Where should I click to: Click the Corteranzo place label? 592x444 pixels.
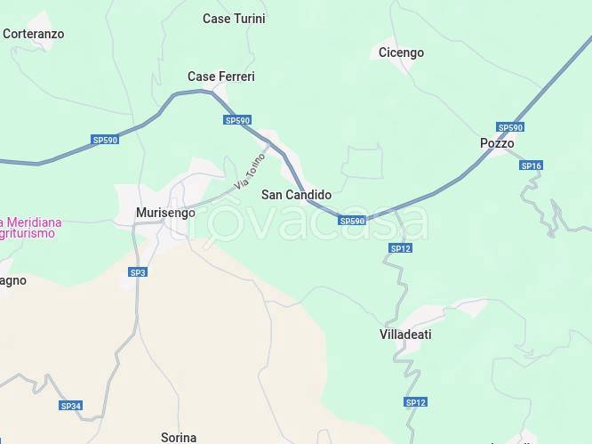(x=33, y=34)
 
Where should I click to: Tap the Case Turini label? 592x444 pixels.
(x=234, y=19)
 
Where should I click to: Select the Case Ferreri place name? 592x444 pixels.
(x=220, y=77)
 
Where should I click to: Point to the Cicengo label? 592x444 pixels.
(x=401, y=52)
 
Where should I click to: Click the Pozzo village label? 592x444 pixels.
(x=497, y=143)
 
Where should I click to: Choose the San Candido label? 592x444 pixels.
(x=296, y=195)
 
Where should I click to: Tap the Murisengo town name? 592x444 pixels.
(x=165, y=213)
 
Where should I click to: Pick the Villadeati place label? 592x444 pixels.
(x=405, y=335)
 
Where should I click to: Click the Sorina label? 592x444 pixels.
(x=179, y=437)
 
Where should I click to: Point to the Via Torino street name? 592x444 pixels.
(x=251, y=171)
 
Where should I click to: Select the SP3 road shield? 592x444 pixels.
(x=138, y=272)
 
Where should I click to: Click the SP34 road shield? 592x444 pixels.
(x=71, y=406)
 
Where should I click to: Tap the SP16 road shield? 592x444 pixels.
(x=532, y=165)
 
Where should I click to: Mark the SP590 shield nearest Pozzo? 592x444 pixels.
(x=510, y=127)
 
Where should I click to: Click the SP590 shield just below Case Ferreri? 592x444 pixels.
(x=237, y=120)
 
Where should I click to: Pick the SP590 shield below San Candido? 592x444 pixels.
(x=352, y=221)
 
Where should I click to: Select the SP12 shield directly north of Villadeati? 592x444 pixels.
(x=401, y=248)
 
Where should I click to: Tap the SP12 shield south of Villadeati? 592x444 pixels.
(x=416, y=402)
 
